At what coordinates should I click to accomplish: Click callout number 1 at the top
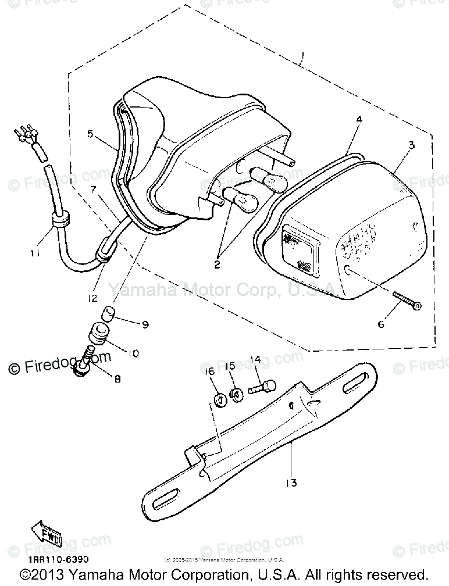(x=301, y=58)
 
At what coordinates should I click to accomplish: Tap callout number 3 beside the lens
(x=411, y=145)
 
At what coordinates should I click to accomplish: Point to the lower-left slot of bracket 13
(x=167, y=499)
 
